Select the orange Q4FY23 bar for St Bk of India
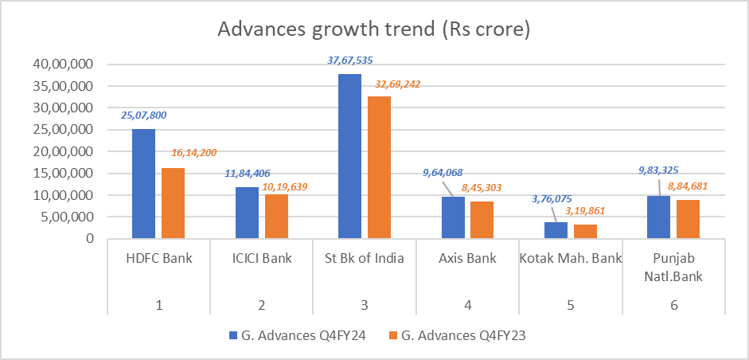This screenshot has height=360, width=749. point(379,167)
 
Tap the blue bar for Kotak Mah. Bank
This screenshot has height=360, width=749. point(555,230)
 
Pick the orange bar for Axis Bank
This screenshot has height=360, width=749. point(482,220)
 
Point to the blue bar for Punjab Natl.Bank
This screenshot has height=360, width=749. point(658,217)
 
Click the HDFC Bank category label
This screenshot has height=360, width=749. point(158,257)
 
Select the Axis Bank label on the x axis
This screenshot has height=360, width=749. point(468,257)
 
